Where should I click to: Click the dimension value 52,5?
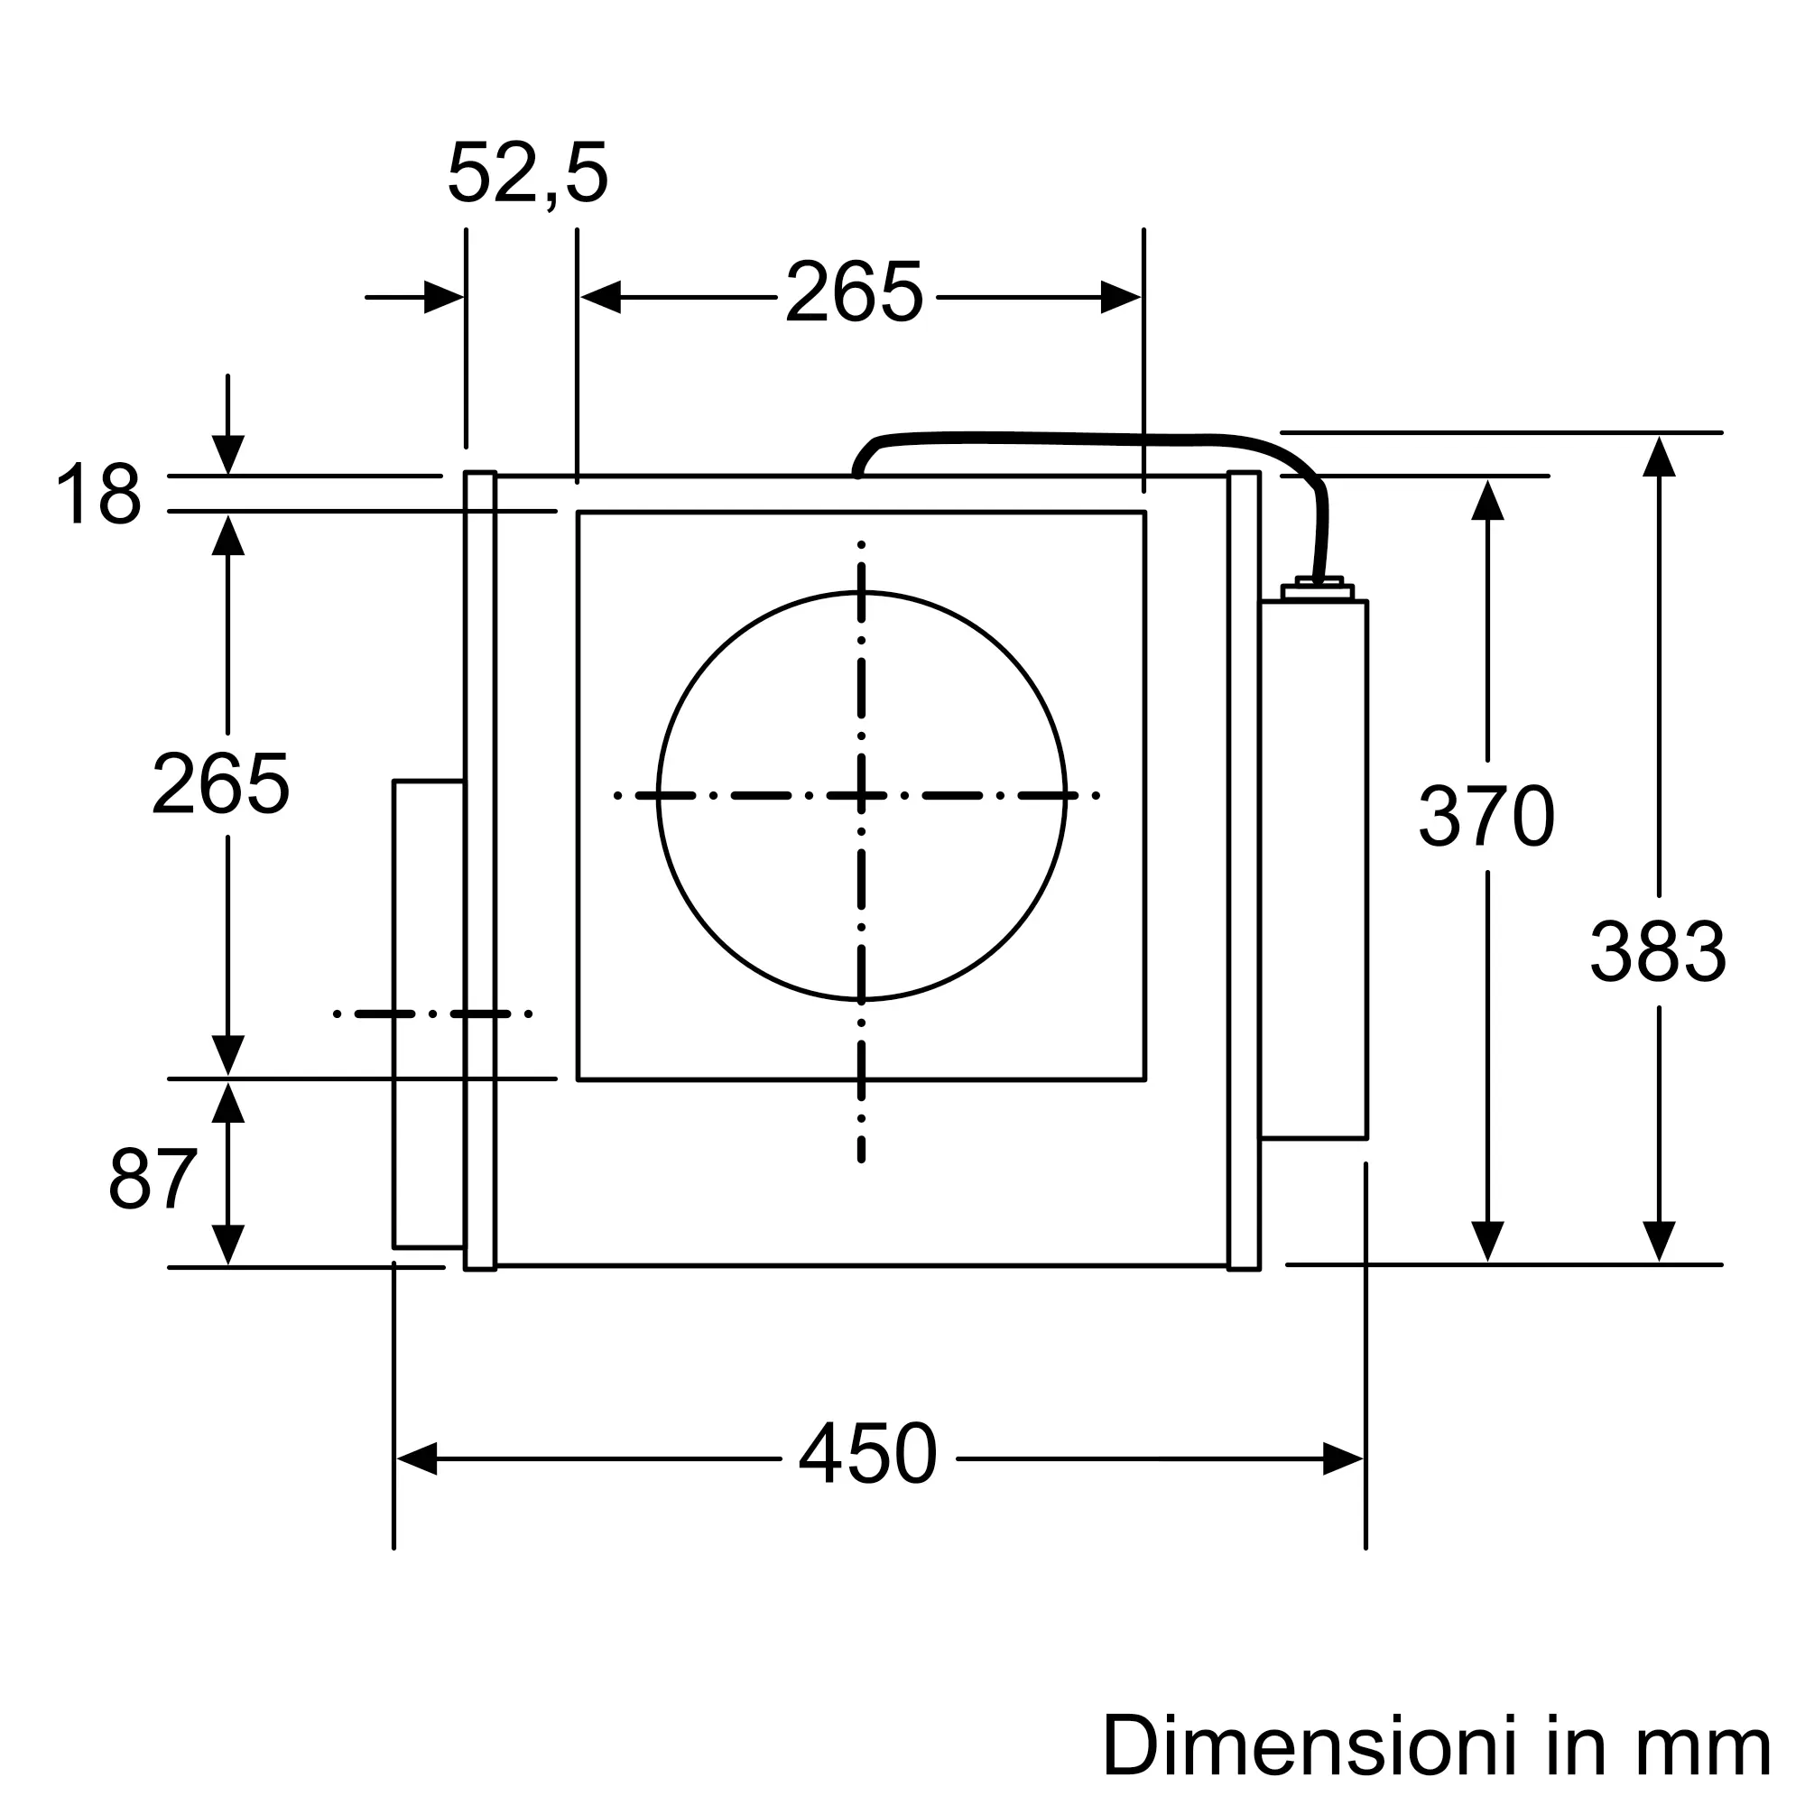pos(528,174)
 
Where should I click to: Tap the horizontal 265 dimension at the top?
pos(855,292)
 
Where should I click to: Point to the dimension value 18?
pos(99,495)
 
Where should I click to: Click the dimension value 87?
pos(153,1179)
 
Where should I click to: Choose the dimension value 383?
pos(1658,952)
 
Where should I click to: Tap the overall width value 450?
pos(868,1454)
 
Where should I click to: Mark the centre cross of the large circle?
pos(861,796)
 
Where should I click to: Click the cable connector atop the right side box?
pos(1319,588)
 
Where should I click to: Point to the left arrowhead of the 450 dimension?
pos(417,1458)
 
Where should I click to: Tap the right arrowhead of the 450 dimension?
pos(1343,1458)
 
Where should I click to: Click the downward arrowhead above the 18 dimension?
pos(228,455)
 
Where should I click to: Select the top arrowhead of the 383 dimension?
pos(1660,456)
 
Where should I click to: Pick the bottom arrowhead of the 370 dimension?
pos(1487,1242)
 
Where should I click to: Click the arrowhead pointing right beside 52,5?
pos(444,297)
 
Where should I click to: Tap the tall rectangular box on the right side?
pos(1313,870)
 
